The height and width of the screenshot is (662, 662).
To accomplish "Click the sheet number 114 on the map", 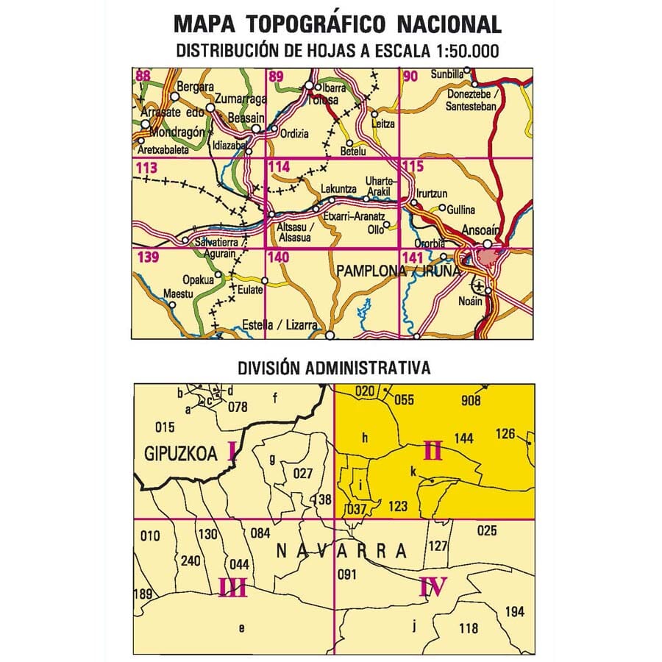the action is point(280,168).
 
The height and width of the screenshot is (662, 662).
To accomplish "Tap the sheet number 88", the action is point(143,74).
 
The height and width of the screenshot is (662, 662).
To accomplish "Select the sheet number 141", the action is point(413,257).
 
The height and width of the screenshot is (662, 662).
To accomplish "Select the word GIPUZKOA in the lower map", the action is point(182,454).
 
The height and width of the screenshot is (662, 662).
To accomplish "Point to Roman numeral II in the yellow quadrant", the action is point(433,449).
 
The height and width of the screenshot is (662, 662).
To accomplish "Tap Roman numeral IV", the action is point(433,587).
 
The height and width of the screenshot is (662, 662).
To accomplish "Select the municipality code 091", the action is point(346,574).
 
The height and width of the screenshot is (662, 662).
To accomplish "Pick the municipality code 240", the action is point(190,561).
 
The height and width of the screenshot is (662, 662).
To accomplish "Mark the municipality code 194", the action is point(515,612).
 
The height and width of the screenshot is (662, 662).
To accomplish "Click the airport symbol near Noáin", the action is point(479,285).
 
